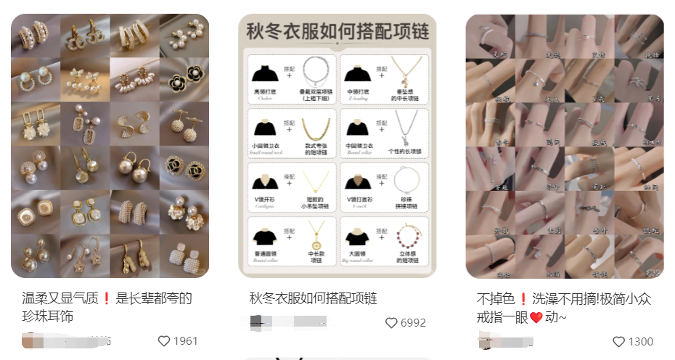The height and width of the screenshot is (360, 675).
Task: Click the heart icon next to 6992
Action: pyautogui.click(x=391, y=323)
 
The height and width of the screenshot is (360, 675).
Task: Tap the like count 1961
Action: pyautogui.click(x=185, y=341)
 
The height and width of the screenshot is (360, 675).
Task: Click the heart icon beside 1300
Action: pyautogui.click(x=618, y=341)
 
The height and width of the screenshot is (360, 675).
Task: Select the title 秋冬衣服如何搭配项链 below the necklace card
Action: pyautogui.click(x=314, y=298)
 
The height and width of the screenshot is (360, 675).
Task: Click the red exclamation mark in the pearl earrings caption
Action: pyautogui.click(x=106, y=298)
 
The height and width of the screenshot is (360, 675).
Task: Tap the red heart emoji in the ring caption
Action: pyautogui.click(x=536, y=317)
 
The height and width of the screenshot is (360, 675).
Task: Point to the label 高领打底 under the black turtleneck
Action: pyautogui.click(x=263, y=92)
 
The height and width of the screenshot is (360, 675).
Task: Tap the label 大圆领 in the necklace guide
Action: pyautogui.click(x=357, y=255)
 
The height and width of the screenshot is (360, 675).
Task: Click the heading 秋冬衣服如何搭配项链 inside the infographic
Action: pyautogui.click(x=337, y=32)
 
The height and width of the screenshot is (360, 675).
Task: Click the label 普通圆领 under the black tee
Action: pyautogui.click(x=263, y=255)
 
